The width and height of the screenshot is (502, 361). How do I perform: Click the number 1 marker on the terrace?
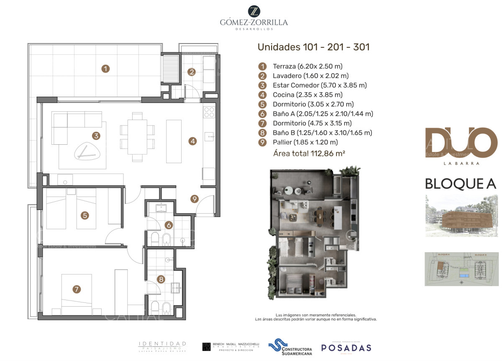(106, 69)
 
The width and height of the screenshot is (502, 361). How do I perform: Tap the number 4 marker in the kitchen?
(192, 141)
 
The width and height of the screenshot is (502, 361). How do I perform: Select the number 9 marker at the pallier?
(194, 199)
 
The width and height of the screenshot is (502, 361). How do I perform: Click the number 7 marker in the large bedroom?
(76, 289)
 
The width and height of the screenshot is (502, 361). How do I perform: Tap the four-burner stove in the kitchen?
(209, 112)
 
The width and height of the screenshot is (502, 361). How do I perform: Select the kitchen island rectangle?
(174, 141)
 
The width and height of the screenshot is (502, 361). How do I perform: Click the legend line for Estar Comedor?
(320, 85)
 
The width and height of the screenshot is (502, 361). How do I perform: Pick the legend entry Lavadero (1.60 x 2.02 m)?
(310, 76)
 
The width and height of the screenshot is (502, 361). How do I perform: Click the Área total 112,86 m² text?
(309, 154)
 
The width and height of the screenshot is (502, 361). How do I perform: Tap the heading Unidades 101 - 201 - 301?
(313, 47)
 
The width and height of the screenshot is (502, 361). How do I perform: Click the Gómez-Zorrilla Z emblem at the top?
(254, 11)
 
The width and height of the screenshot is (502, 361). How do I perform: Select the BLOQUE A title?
(460, 184)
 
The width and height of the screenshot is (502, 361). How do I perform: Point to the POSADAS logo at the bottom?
(346, 347)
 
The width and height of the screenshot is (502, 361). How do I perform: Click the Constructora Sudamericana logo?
(290, 347)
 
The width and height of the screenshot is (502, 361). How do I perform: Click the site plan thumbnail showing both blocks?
(461, 269)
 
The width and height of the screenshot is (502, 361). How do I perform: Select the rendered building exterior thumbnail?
(461, 215)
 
